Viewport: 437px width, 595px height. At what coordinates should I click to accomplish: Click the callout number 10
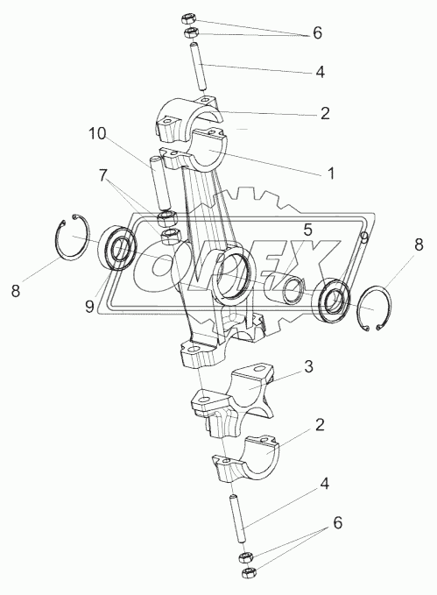point(97,133)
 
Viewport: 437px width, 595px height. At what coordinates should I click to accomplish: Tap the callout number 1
point(331,174)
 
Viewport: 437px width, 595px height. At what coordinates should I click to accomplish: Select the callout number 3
point(309,367)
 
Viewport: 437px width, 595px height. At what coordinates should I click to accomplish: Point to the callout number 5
point(307,230)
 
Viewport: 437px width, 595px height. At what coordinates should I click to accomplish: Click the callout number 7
point(103,176)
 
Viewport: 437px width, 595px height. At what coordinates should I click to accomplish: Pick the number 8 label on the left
point(16,291)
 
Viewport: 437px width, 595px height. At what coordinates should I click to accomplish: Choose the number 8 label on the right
point(419,244)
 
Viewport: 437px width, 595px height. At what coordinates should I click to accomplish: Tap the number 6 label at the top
point(318,33)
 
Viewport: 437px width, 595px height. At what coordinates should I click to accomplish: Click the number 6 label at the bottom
point(338,523)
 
